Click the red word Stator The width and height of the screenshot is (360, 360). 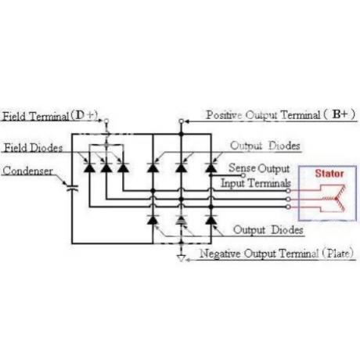pos(329,174)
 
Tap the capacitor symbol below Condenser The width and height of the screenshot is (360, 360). pos(72,188)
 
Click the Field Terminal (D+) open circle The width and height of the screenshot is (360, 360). pos(106,121)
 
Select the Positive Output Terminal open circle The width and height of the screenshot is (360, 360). pos(181,121)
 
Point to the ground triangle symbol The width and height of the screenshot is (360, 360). pos(181,258)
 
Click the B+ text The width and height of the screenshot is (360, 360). pos(340,114)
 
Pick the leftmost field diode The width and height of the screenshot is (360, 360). pos(89,167)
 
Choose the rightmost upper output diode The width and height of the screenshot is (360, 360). pos(211,167)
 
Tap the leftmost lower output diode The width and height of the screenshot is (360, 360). pos(153,220)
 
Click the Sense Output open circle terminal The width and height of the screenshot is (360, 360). pos(243,175)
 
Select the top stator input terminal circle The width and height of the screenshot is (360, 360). pos(288,191)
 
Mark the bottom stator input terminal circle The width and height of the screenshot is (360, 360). pos(288,207)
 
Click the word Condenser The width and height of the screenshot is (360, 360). pos(28,171)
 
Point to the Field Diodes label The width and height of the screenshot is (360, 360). pos(33,148)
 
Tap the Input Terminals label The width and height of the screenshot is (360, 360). pos(256,183)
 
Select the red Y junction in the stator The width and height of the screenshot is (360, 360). pos(336,199)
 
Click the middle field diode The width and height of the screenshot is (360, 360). pos(106,167)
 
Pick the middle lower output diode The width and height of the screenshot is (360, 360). pos(181,220)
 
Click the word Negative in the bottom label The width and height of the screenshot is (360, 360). pos(220,254)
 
